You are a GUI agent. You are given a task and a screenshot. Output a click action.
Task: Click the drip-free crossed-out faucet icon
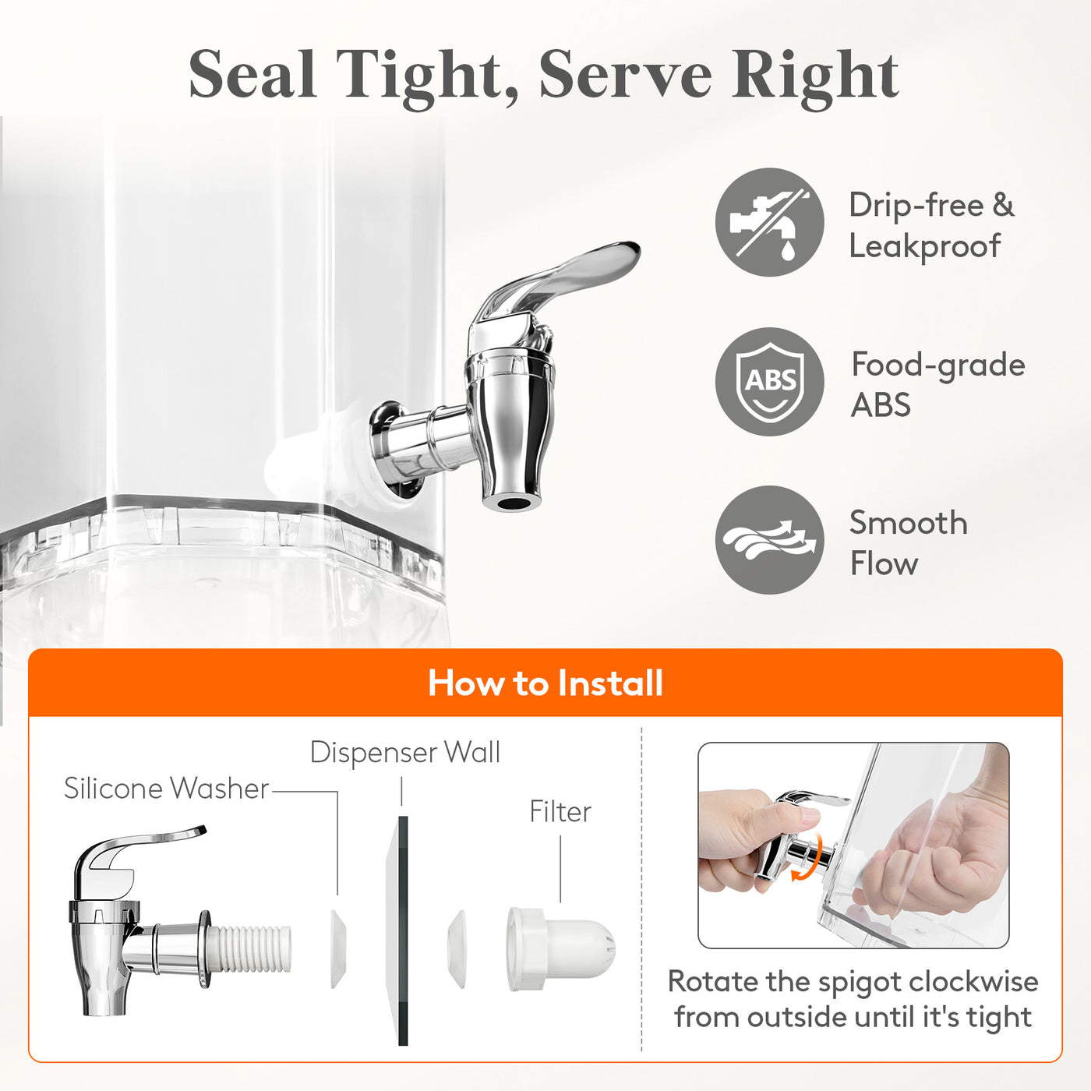(769, 222)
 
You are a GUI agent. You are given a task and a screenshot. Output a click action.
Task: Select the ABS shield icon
(769, 382)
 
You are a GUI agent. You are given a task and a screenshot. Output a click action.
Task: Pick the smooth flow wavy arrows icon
(769, 539)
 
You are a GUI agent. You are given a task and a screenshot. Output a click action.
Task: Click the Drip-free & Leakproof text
(931, 225)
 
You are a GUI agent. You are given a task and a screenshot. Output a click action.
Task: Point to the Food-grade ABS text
(938, 384)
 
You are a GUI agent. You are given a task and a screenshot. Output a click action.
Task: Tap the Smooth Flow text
(908, 542)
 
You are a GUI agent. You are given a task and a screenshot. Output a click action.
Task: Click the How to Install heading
(545, 683)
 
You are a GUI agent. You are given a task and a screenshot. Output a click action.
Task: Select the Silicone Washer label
(167, 788)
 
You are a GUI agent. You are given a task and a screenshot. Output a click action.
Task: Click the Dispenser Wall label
(405, 753)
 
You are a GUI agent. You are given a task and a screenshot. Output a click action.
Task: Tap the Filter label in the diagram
(560, 811)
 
